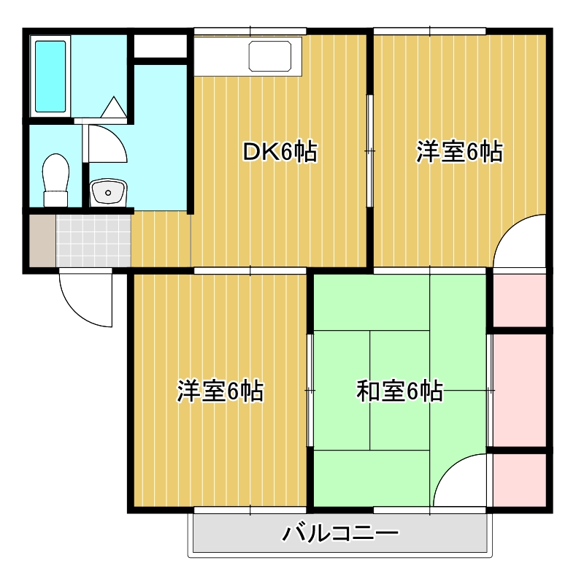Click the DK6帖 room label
(280, 152)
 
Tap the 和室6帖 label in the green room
(399, 391)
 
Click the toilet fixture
(55, 180)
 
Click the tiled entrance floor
(93, 240)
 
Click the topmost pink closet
(520, 301)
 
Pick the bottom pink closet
(520, 479)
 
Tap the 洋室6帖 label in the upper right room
(459, 152)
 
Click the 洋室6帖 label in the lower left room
(220, 391)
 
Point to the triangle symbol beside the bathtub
(114, 107)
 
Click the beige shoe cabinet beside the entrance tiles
(42, 240)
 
